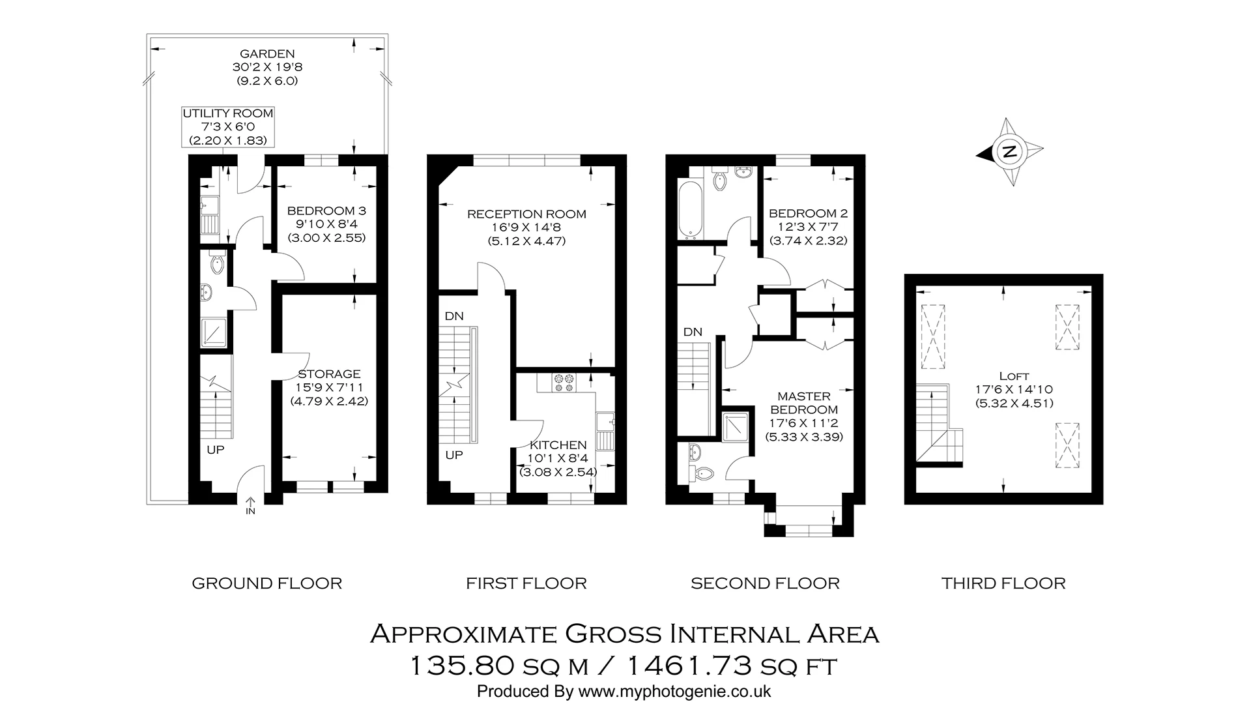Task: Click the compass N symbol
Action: [1009, 153]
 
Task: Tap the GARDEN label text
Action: [267, 54]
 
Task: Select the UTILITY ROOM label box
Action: [227, 126]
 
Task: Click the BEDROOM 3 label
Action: [326, 211]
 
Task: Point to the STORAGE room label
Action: [329, 374]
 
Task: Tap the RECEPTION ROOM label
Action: [526, 214]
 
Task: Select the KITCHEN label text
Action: [558, 445]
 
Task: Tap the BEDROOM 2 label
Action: [808, 213]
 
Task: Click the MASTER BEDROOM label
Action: [804, 403]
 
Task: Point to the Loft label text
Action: [1014, 376]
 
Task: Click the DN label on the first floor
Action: [454, 316]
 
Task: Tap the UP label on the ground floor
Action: [216, 450]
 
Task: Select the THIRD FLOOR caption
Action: [1003, 583]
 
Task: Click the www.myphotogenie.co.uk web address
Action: [674, 691]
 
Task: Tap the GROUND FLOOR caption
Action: [266, 583]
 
